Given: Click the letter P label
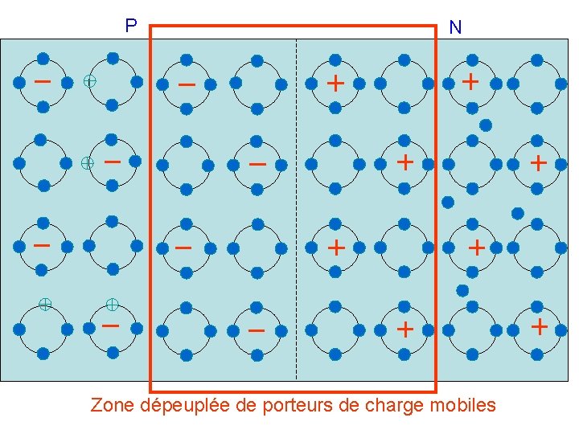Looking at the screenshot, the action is coord(131,27).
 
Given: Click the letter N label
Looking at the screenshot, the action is coord(455,28).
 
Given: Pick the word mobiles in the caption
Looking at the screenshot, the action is coord(464,405).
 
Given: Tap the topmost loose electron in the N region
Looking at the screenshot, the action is coord(486,125).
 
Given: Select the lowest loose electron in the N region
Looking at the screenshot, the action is coord(462,290).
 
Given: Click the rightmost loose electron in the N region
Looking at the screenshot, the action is coord(518,213).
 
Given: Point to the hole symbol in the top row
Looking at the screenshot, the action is coord(90,81).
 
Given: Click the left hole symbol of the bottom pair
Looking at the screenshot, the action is coord(46,304).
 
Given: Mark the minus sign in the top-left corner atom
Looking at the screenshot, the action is coord(43,81).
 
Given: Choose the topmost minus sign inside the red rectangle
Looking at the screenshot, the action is coord(187,84).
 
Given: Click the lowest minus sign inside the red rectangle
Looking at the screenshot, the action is coord(256,330).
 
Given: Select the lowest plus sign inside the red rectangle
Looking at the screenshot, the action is coord(405,329).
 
